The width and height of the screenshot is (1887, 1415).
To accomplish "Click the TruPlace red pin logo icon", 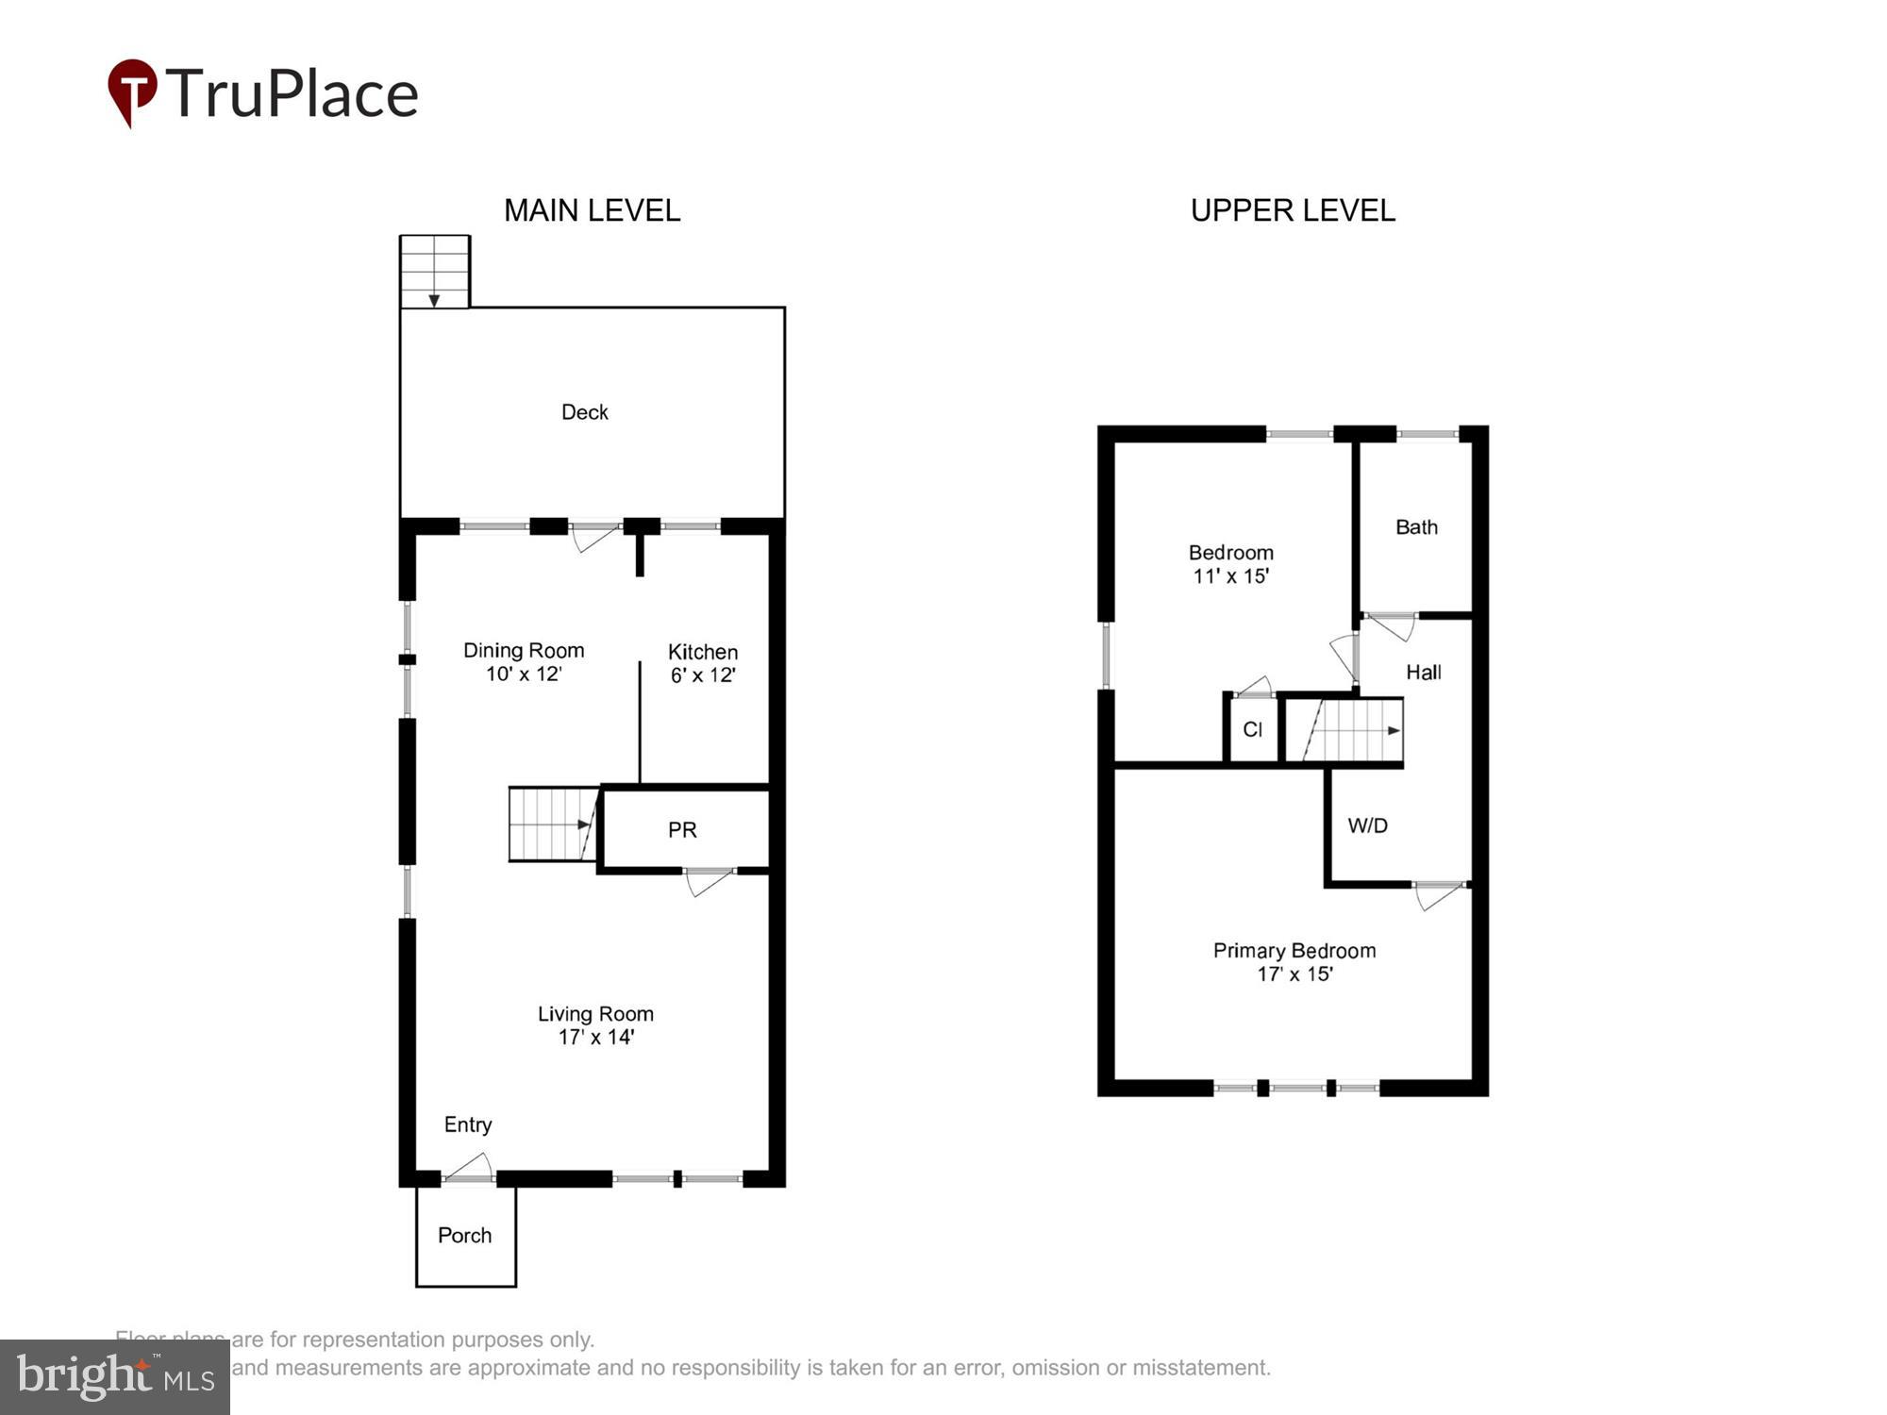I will pos(131,92).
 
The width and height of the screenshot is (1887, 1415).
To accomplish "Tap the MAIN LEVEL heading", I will pos(592,210).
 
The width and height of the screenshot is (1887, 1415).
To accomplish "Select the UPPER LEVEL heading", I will pos(1292,210).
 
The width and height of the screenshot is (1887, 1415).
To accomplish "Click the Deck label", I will pos(584,412).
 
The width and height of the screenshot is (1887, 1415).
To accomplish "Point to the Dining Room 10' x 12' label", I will pos(524,661).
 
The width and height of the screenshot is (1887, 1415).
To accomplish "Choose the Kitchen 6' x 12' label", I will pos(703,663).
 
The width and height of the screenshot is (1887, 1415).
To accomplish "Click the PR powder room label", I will pos(682,830).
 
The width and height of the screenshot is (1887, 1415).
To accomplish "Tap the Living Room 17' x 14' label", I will pos(595,1025).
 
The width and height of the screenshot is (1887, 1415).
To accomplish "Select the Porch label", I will pos(464,1236).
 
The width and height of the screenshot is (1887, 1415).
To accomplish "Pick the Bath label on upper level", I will pos(1416,527).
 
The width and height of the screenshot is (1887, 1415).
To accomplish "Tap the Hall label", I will pos(1423,673).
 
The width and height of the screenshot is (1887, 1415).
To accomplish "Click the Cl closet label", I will pos(1252,729).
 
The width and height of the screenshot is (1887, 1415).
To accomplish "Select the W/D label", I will pos(1367,826).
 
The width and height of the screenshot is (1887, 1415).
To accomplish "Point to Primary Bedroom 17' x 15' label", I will pos(1294,962).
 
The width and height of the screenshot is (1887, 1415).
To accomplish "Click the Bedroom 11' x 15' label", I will pos(1230,564).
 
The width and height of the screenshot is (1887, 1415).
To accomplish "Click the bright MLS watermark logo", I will pos(115,1377).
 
